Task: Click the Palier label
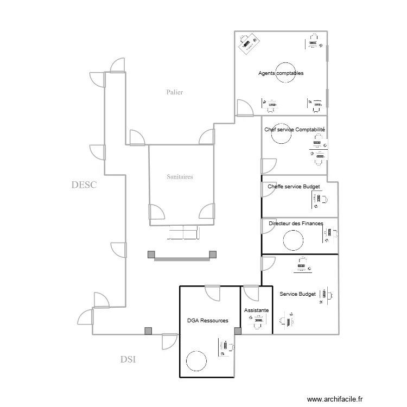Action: (175, 92)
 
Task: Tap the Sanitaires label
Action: (180, 176)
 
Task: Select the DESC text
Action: (84, 185)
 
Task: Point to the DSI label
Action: (128, 359)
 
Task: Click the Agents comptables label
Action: (281, 73)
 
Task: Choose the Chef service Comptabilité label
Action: (295, 130)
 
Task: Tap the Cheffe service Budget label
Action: (294, 187)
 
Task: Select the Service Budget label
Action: (297, 294)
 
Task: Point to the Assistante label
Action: (256, 310)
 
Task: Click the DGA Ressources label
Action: (207, 321)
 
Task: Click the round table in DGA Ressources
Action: (196, 360)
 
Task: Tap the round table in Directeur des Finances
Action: (293, 239)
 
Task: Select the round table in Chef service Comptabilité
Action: (282, 136)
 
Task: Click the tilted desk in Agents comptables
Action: (249, 43)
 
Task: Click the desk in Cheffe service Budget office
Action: (319, 199)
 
